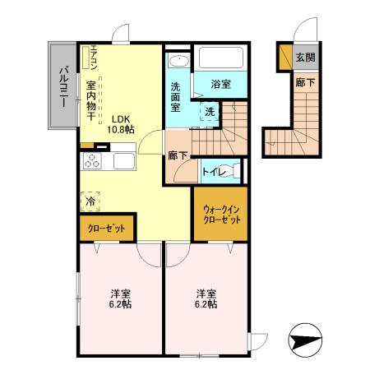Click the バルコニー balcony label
(x=62, y=84)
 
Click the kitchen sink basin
(x=123, y=160)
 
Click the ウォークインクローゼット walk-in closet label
(x=219, y=215)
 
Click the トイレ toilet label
(x=213, y=171)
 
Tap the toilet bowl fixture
(x=235, y=170)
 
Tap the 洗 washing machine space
(x=210, y=111)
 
